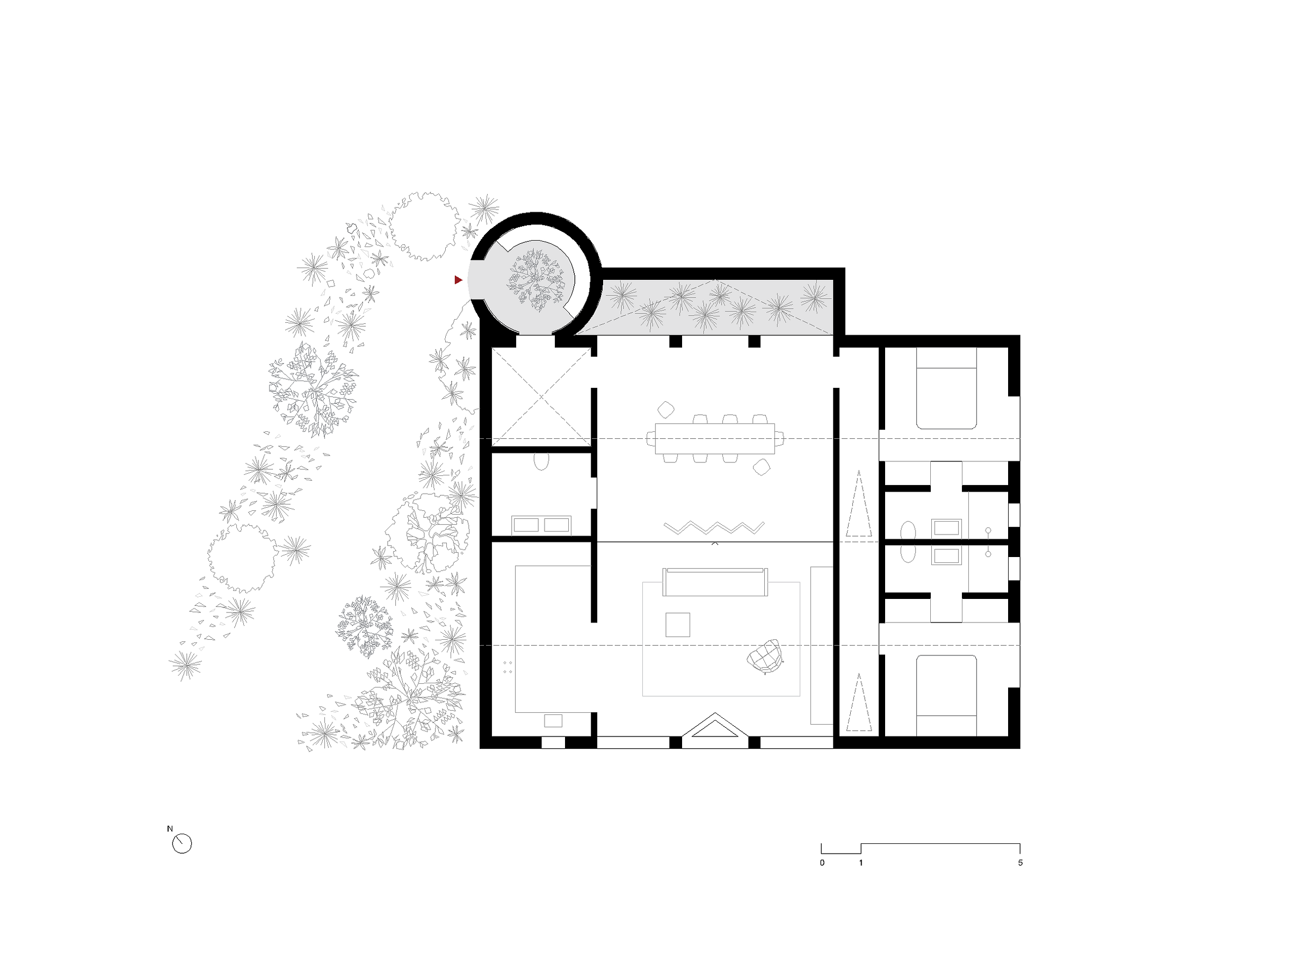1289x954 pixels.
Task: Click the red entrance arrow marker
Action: click(x=458, y=280)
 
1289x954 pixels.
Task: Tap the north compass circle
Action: click(x=182, y=844)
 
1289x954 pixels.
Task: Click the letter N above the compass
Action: click(x=170, y=829)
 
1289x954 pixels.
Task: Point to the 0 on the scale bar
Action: click(x=822, y=863)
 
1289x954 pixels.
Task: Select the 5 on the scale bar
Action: click(x=1020, y=863)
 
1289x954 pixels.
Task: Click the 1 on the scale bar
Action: click(x=861, y=863)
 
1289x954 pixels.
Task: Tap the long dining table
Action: click(x=715, y=439)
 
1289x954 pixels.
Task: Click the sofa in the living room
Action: click(x=715, y=582)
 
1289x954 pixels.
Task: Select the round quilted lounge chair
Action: click(x=765, y=656)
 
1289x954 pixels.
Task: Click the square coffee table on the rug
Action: click(x=678, y=625)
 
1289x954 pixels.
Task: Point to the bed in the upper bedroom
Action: click(x=946, y=388)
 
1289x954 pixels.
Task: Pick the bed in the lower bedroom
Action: click(x=946, y=695)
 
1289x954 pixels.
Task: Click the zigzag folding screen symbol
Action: click(x=714, y=528)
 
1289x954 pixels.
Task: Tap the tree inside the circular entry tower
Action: click(x=535, y=280)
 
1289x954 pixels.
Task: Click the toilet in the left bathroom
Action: click(x=541, y=461)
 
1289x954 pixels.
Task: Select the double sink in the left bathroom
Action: click(x=541, y=525)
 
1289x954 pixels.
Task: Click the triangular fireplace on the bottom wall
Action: click(x=715, y=725)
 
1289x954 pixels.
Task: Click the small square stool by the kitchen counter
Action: click(x=553, y=721)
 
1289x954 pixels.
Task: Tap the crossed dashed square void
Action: click(x=541, y=397)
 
